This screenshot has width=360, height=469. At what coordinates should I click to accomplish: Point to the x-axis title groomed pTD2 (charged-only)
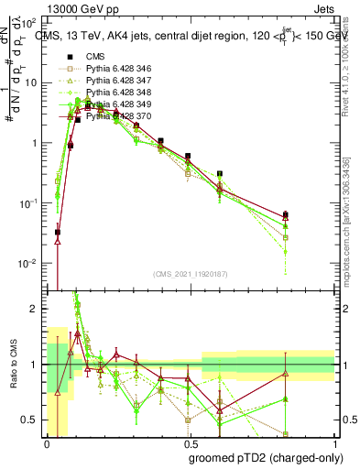click(266, 457)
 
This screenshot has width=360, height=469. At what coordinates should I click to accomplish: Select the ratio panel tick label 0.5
click(33, 420)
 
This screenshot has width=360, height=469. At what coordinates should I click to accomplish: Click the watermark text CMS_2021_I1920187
click(191, 274)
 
